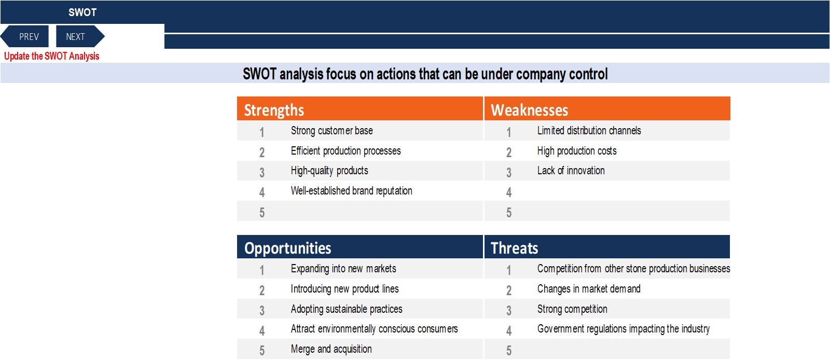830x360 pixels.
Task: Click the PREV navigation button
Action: click(25, 36)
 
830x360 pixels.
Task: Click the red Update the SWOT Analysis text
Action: click(51, 57)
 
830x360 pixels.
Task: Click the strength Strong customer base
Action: click(331, 131)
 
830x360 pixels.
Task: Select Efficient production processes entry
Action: click(345, 151)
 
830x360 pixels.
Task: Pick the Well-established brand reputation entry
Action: click(351, 191)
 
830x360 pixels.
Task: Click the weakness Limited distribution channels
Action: click(589, 131)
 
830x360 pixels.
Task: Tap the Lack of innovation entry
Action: click(571, 171)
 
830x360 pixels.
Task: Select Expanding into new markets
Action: click(343, 269)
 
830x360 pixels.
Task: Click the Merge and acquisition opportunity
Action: click(331, 349)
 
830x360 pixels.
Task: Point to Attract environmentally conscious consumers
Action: click(374, 329)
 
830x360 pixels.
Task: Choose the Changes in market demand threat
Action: click(589, 289)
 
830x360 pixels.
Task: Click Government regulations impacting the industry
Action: click(623, 329)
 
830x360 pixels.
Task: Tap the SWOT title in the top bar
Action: click(82, 12)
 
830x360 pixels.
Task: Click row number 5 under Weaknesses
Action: click(509, 213)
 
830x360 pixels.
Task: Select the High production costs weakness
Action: click(576, 151)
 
